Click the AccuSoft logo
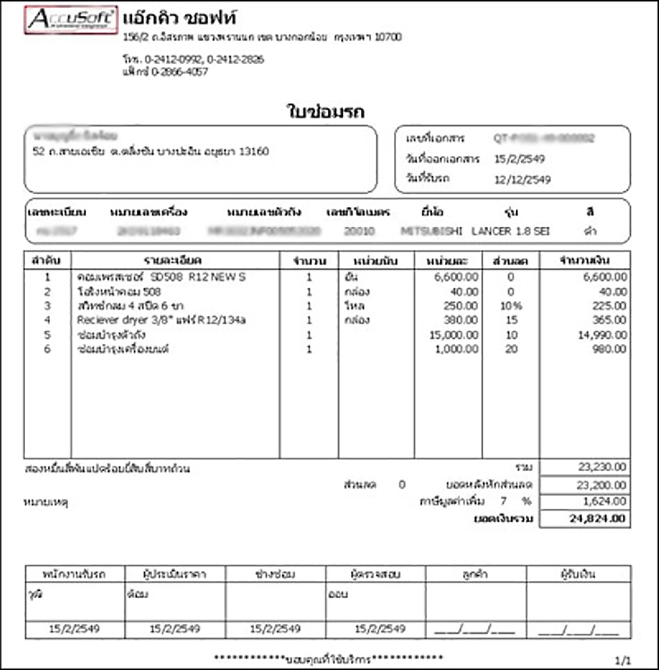[x=71, y=20]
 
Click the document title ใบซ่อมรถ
[x=326, y=111]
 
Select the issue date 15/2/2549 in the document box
[x=520, y=159]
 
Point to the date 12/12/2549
[x=522, y=180]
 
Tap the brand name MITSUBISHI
[x=432, y=231]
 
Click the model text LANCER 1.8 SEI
[x=510, y=231]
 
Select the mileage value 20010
[x=359, y=231]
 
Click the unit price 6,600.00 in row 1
[x=456, y=277]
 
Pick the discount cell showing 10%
[x=511, y=306]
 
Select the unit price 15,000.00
[x=454, y=335]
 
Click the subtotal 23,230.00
[x=602, y=467]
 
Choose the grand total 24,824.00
[x=597, y=518]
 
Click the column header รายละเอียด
[x=172, y=260]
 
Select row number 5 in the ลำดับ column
[x=47, y=335]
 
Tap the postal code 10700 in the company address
[x=388, y=37]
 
